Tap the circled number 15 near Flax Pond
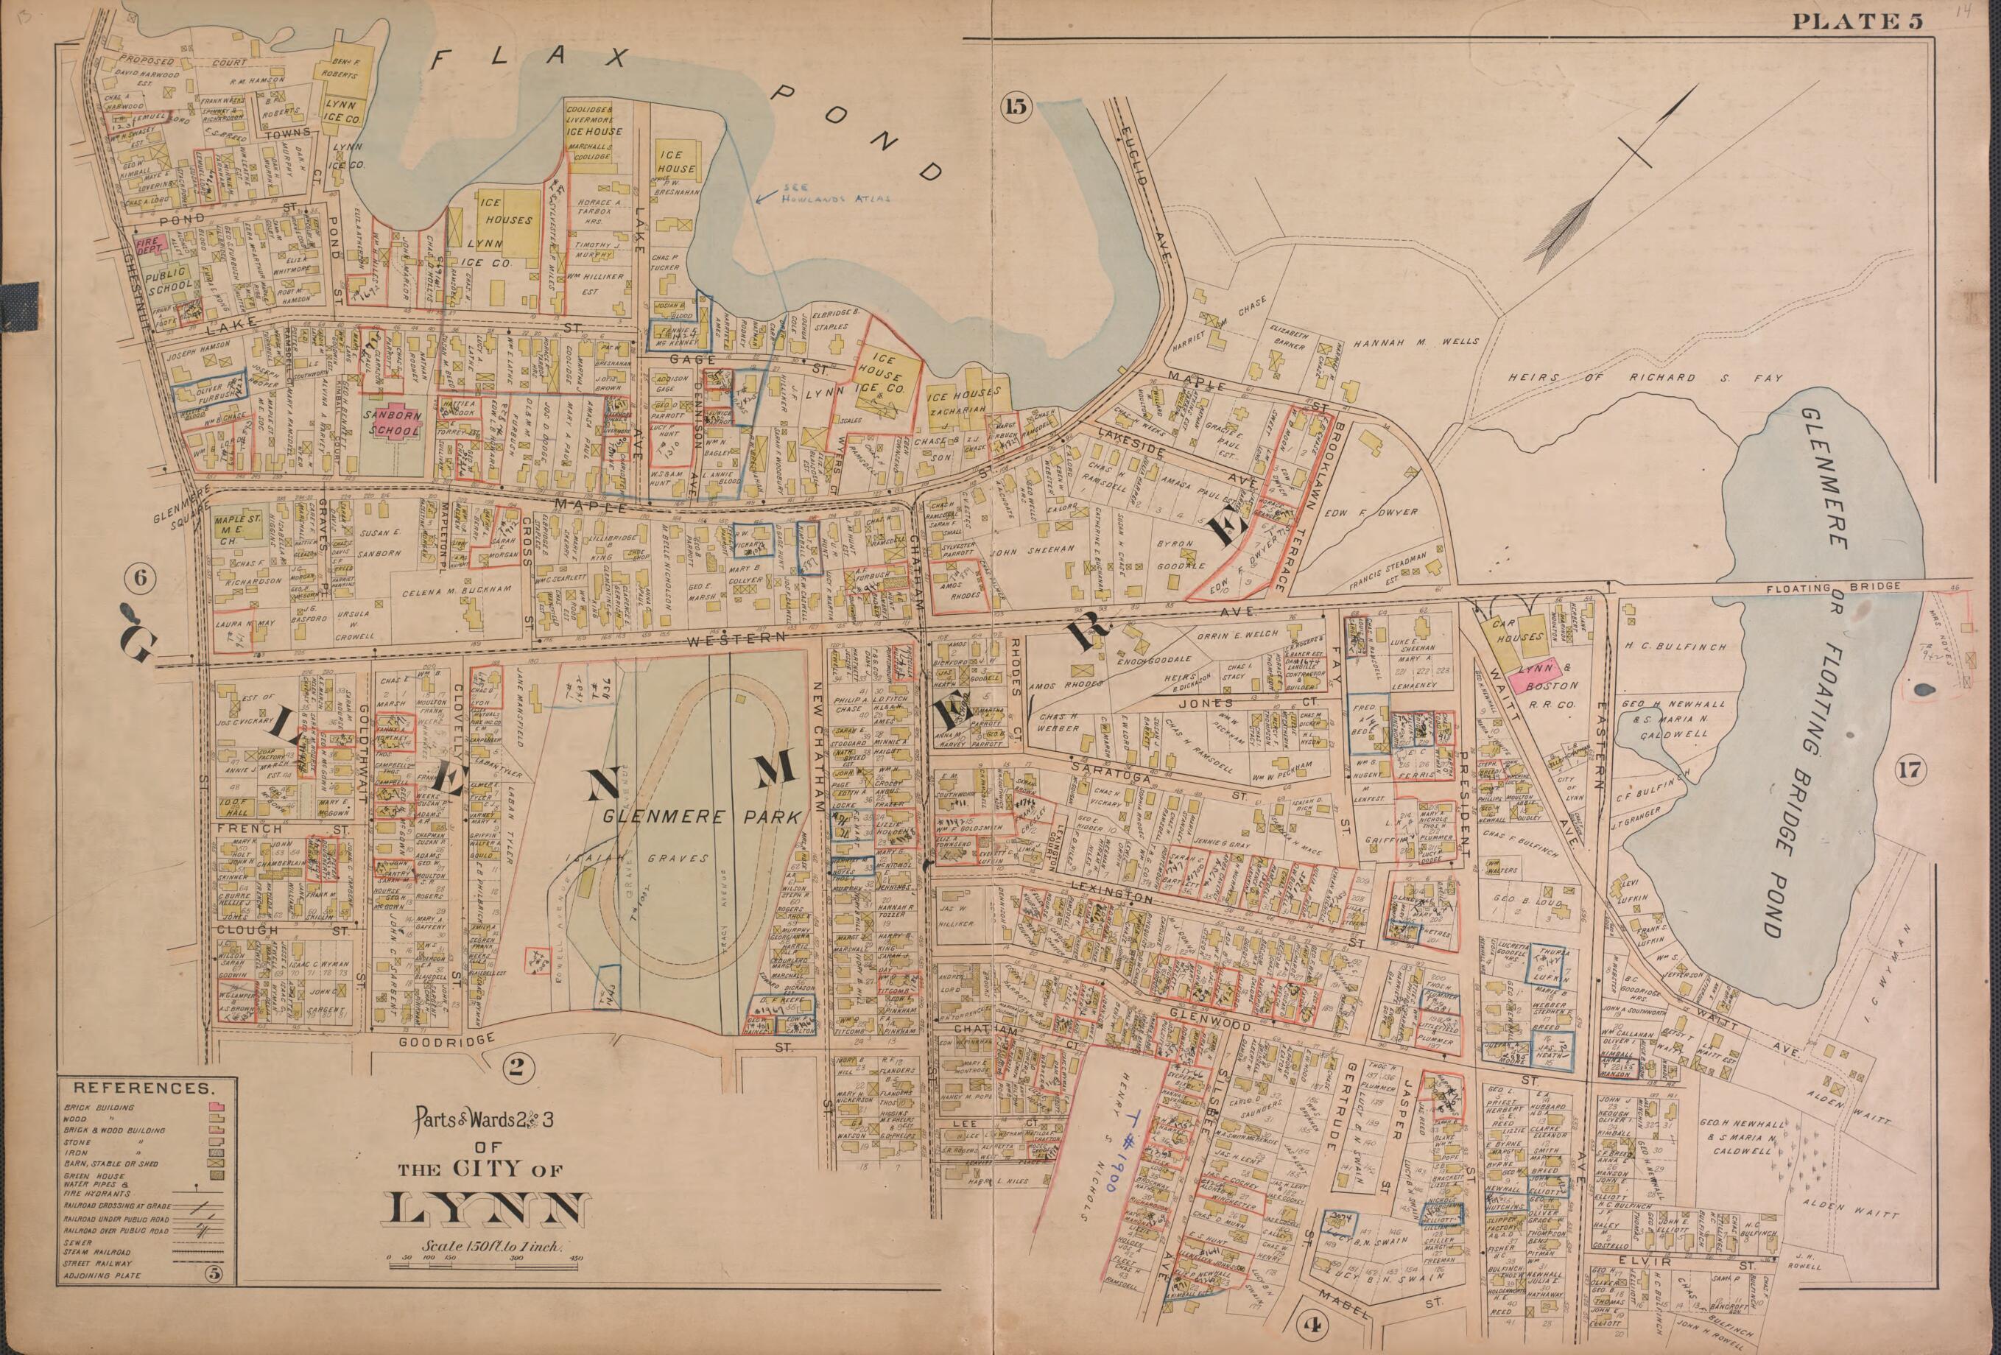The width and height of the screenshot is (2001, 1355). pos(1015,107)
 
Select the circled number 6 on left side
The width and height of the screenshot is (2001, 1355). pos(141,579)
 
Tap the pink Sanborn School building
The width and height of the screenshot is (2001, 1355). pos(393,423)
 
